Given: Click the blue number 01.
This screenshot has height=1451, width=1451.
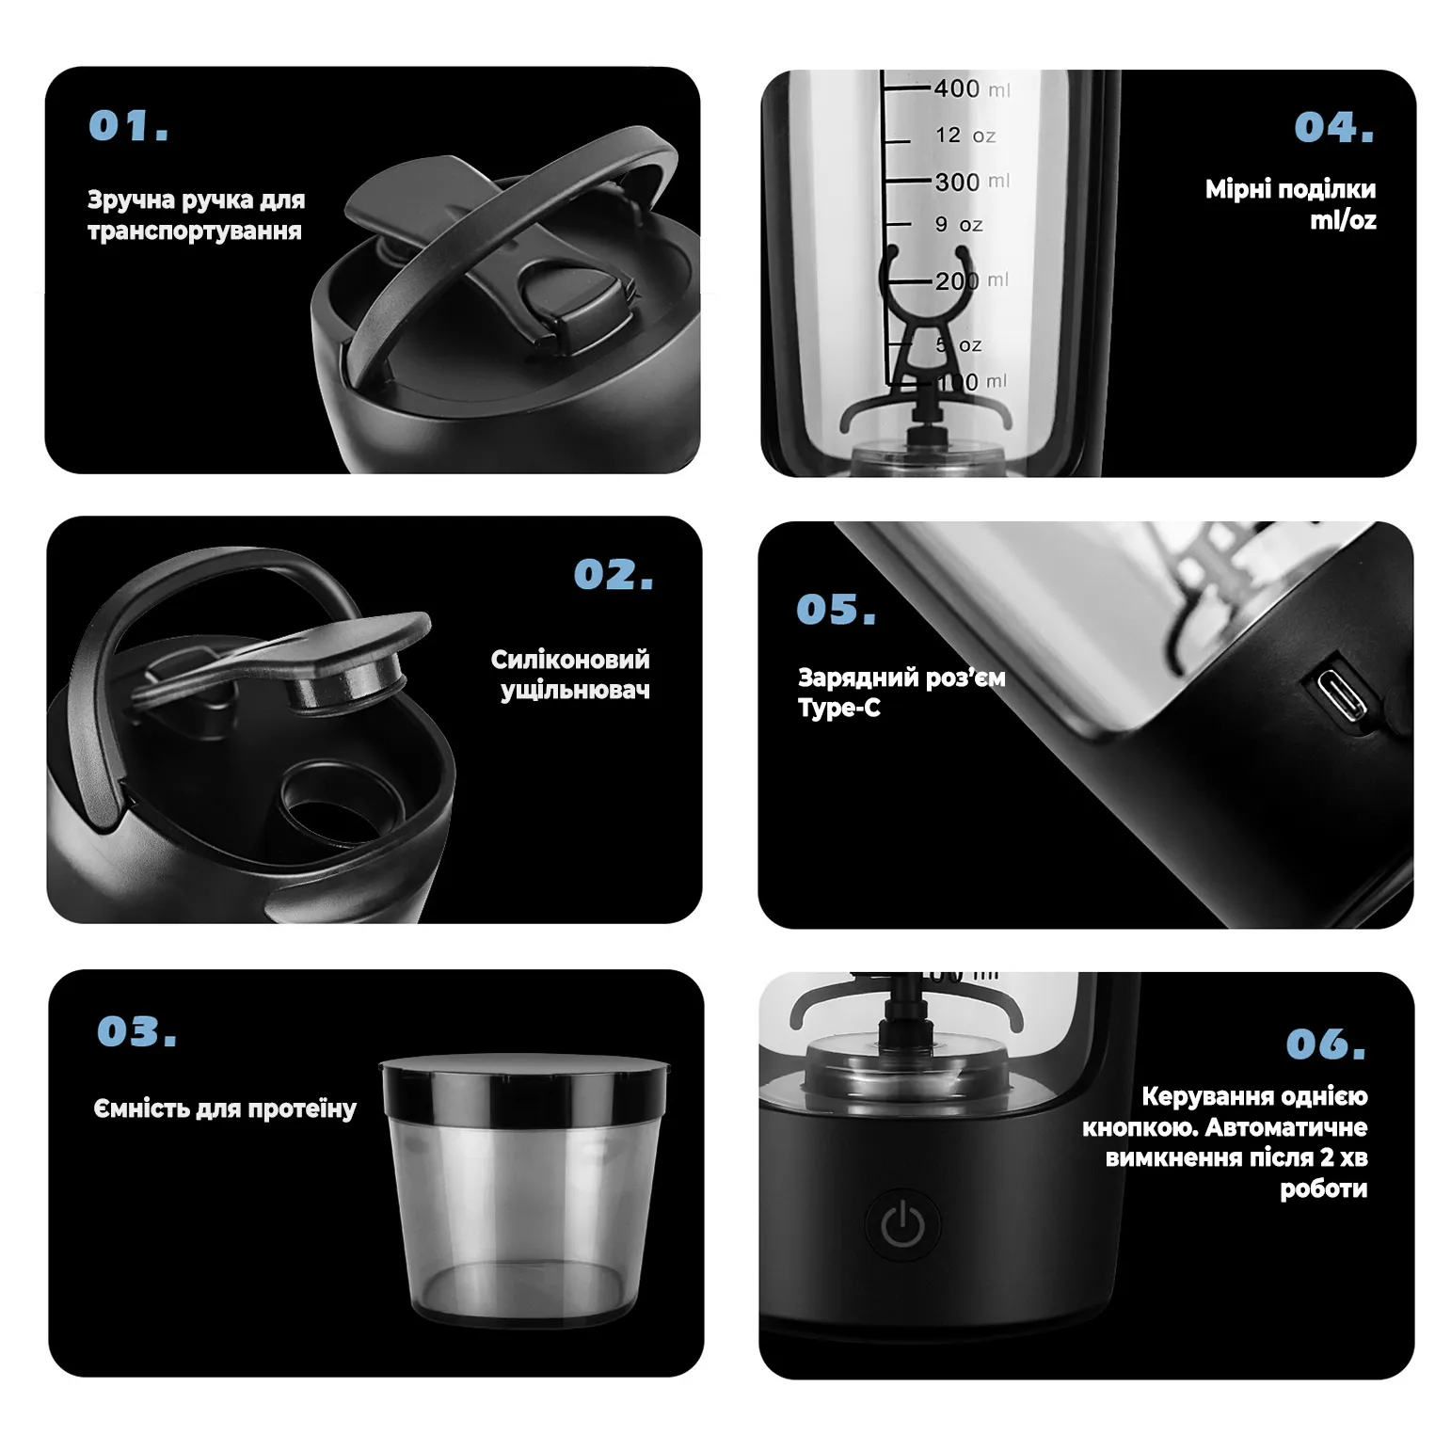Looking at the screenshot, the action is tap(129, 126).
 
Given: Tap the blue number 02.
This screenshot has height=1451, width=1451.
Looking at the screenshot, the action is tap(614, 574).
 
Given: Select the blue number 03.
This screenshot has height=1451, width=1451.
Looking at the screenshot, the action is tap(137, 1031).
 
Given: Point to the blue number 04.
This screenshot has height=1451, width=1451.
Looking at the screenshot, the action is tap(1334, 127).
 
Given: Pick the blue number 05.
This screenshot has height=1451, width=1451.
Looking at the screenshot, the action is tap(837, 610).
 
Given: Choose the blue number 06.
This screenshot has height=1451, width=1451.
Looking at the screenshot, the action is tap(1326, 1044).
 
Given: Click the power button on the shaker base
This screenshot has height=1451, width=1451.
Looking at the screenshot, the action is tap(901, 1224).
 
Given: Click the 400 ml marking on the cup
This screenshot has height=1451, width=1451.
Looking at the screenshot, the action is tap(971, 88).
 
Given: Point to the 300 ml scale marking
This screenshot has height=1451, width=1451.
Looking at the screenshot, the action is tap(971, 181).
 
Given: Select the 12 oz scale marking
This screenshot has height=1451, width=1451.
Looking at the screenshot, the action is tap(965, 136).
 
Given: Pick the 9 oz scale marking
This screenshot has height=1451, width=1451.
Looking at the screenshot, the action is tap(959, 225).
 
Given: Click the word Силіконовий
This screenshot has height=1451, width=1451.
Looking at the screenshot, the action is tap(570, 660).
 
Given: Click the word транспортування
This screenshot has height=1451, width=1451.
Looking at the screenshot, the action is tap(195, 231).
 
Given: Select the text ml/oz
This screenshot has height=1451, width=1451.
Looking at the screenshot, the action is tap(1343, 220).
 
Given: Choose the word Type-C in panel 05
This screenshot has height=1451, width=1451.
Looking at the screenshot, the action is tap(839, 708).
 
